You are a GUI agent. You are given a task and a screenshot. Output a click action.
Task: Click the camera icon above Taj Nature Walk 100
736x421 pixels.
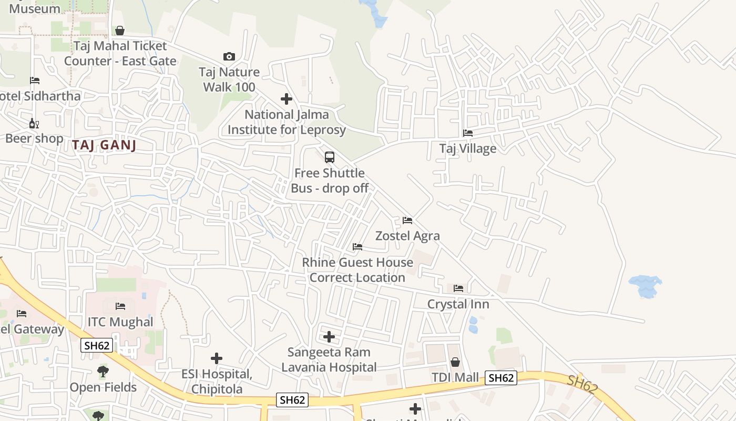(229, 56)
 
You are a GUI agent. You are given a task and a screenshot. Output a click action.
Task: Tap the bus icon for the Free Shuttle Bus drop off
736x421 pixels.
(330, 157)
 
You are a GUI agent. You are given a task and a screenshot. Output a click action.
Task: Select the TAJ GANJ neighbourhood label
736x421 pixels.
(104, 146)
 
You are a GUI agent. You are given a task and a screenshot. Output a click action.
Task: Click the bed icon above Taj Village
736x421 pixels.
(467, 133)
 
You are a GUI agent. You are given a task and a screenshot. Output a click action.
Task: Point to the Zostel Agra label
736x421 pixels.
(407, 236)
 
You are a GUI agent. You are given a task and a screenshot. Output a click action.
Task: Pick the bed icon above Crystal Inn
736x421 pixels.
(458, 288)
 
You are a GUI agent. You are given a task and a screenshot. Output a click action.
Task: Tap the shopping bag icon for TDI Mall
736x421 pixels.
(455, 362)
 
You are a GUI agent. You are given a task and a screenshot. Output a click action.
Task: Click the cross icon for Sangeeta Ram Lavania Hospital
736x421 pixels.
(329, 336)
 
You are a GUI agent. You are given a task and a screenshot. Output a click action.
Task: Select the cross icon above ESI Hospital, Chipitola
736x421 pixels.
(217, 358)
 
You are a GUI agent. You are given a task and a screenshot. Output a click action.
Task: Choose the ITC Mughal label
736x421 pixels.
(120, 322)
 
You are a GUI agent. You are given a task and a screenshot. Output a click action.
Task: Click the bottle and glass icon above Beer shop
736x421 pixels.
(34, 124)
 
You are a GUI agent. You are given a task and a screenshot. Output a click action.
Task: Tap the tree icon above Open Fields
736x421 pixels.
(103, 372)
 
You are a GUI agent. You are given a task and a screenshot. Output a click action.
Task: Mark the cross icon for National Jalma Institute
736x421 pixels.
(287, 99)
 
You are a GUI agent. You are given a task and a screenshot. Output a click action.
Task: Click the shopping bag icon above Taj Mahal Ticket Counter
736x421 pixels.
(120, 31)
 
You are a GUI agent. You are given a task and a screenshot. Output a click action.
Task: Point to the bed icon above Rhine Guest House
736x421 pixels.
(357, 246)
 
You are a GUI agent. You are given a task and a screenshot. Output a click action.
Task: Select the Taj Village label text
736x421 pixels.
(468, 148)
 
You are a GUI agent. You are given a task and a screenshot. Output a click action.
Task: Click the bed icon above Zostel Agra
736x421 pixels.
(407, 220)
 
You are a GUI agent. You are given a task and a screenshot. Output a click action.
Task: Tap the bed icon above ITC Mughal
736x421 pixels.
(120, 306)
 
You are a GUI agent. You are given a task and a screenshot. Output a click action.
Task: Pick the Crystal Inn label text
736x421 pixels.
(458, 304)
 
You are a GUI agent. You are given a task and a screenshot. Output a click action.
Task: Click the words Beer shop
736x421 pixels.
(34, 138)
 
